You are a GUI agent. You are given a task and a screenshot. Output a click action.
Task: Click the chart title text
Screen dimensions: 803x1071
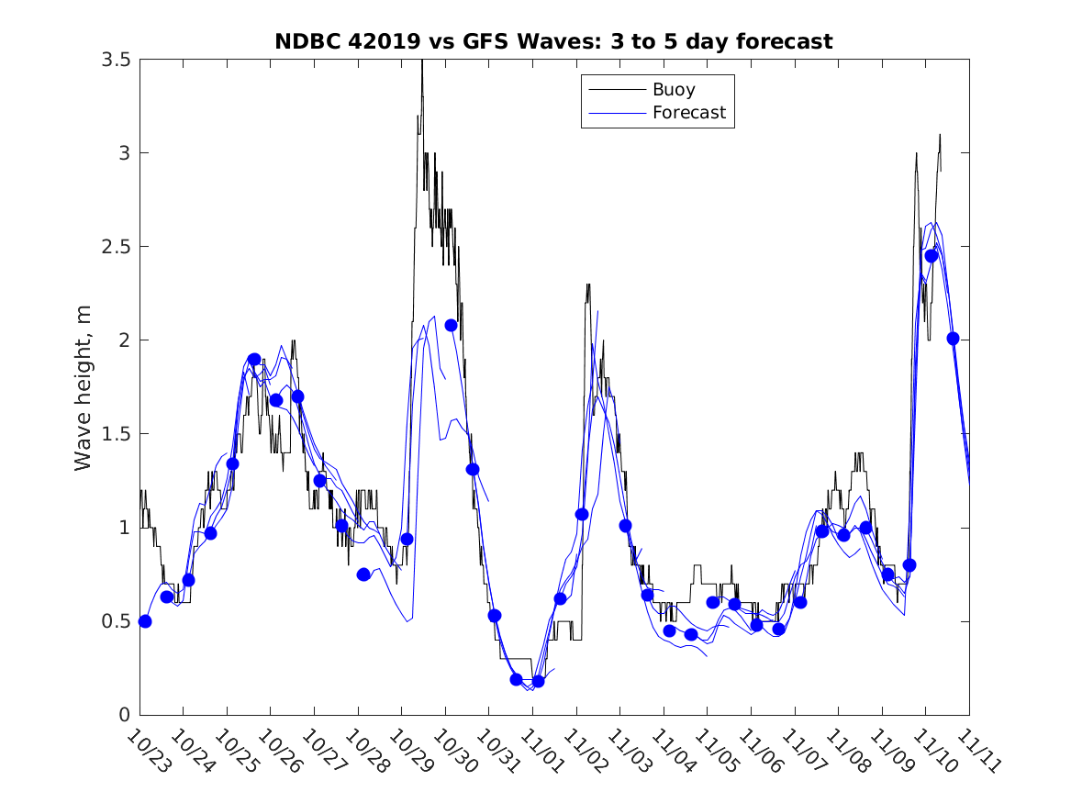[553, 41]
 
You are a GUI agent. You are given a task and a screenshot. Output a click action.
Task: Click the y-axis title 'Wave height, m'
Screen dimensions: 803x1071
[84, 386]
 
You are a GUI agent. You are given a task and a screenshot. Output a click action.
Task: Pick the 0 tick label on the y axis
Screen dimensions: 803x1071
[124, 715]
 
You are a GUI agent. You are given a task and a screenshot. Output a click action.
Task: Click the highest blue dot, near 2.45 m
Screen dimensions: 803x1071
[932, 256]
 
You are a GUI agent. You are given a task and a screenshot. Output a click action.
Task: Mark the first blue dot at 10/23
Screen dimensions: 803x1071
[145, 621]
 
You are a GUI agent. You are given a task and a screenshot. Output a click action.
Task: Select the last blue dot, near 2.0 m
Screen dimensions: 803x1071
[953, 339]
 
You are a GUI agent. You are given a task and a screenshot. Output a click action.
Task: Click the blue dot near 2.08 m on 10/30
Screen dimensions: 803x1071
[451, 325]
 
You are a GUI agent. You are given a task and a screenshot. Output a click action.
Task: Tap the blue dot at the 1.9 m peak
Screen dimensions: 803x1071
[254, 359]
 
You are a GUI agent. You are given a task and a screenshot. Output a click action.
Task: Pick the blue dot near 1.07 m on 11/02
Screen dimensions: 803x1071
[582, 514]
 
